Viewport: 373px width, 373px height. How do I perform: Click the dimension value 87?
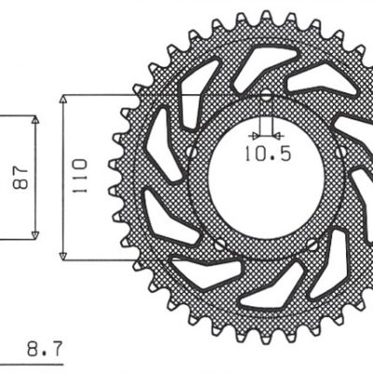pos(18,176)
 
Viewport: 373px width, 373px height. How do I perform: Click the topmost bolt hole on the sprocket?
pos(266,94)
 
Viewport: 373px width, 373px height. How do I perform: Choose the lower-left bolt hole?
pos(219,245)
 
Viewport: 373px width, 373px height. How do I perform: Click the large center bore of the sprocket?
pos(266,186)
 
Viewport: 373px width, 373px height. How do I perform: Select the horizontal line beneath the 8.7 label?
pos(37,363)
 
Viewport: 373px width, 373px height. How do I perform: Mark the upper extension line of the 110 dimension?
pos(103,94)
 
